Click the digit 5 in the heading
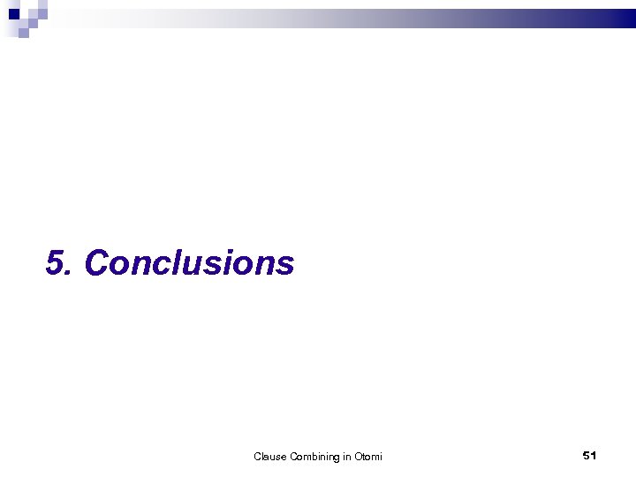click(57, 263)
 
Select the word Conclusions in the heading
click(189, 263)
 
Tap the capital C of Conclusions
click(96, 263)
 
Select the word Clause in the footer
click(269, 457)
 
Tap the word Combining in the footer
click(314, 457)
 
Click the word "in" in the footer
click(347, 457)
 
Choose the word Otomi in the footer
click(368, 457)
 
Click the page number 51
click(590, 455)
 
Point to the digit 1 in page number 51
click(594, 455)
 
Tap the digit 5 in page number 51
click(587, 455)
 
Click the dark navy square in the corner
click(13, 13)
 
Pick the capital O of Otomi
click(358, 457)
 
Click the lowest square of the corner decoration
click(24, 34)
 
